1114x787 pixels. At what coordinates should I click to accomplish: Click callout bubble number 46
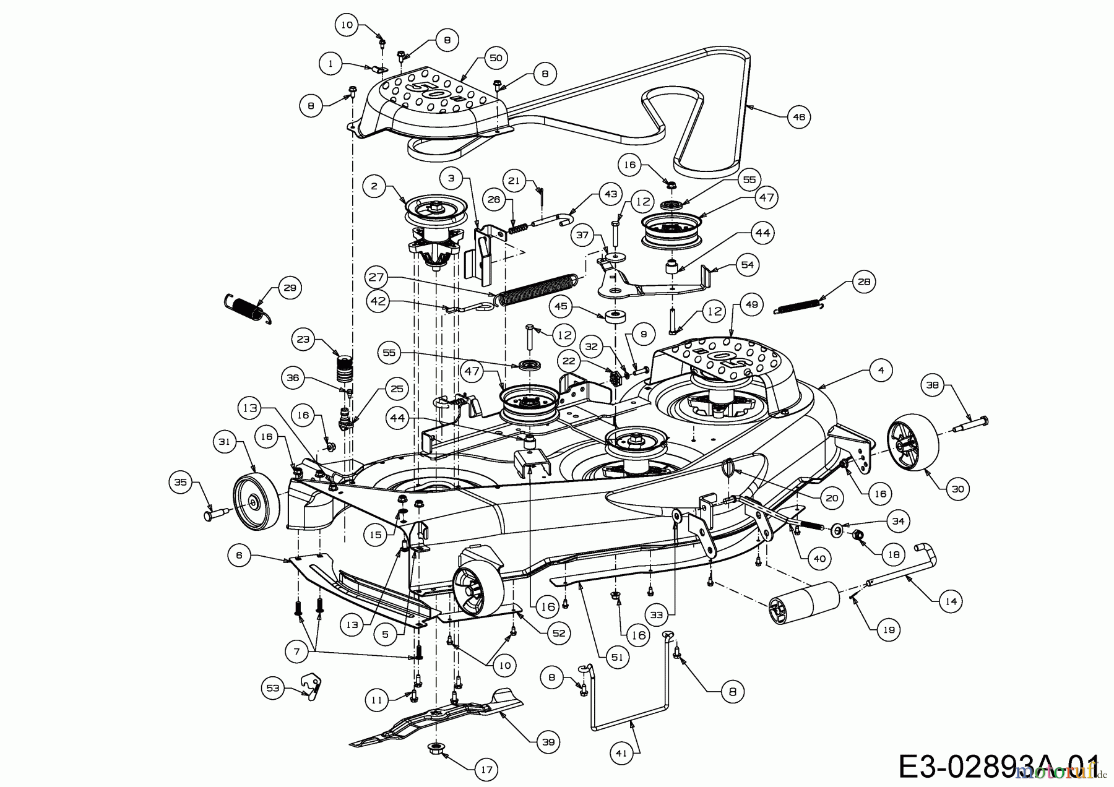pyautogui.click(x=799, y=116)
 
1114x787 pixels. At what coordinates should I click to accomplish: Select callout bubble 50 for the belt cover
pyautogui.click(x=495, y=58)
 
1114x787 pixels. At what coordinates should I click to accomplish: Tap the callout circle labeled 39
pyautogui.click(x=548, y=742)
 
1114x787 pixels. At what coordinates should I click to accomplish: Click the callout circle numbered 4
pyautogui.click(x=881, y=371)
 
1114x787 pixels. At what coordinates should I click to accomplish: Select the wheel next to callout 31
pyautogui.click(x=256, y=504)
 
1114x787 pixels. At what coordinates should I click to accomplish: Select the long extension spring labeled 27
pyautogui.click(x=537, y=290)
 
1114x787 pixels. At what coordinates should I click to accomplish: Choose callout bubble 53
pyautogui.click(x=273, y=687)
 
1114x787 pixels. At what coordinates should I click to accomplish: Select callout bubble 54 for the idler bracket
pyautogui.click(x=748, y=265)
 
